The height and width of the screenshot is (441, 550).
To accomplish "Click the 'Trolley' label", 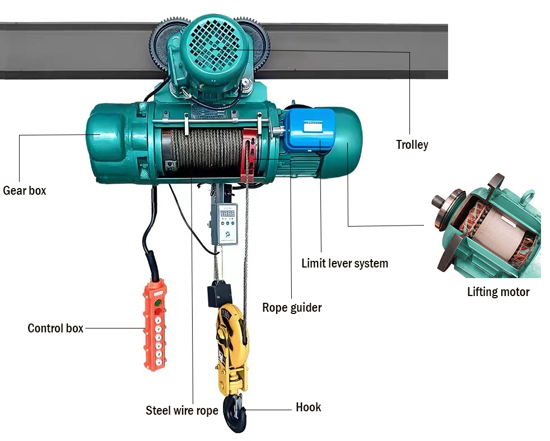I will pyautogui.click(x=412, y=145).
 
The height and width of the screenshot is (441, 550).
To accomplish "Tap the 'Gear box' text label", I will pyautogui.click(x=25, y=190).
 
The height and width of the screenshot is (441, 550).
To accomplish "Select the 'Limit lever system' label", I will pyautogui.click(x=344, y=263).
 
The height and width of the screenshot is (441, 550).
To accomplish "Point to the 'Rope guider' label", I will pyautogui.click(x=292, y=307).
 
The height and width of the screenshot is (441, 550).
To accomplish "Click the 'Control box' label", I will pyautogui.click(x=55, y=328).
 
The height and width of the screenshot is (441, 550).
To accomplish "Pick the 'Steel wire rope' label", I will pyautogui.click(x=182, y=410).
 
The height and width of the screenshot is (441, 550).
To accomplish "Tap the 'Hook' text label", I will pyautogui.click(x=308, y=407).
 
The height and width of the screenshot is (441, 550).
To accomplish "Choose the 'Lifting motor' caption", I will pyautogui.click(x=498, y=292).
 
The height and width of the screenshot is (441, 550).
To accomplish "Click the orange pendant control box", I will pyautogui.click(x=155, y=325).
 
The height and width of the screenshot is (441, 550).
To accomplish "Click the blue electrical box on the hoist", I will pyautogui.click(x=309, y=129).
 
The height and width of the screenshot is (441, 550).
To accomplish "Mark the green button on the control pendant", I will pyautogui.click(x=159, y=303).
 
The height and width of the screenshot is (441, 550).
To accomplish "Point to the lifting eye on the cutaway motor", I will pyautogui.click(x=527, y=197).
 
